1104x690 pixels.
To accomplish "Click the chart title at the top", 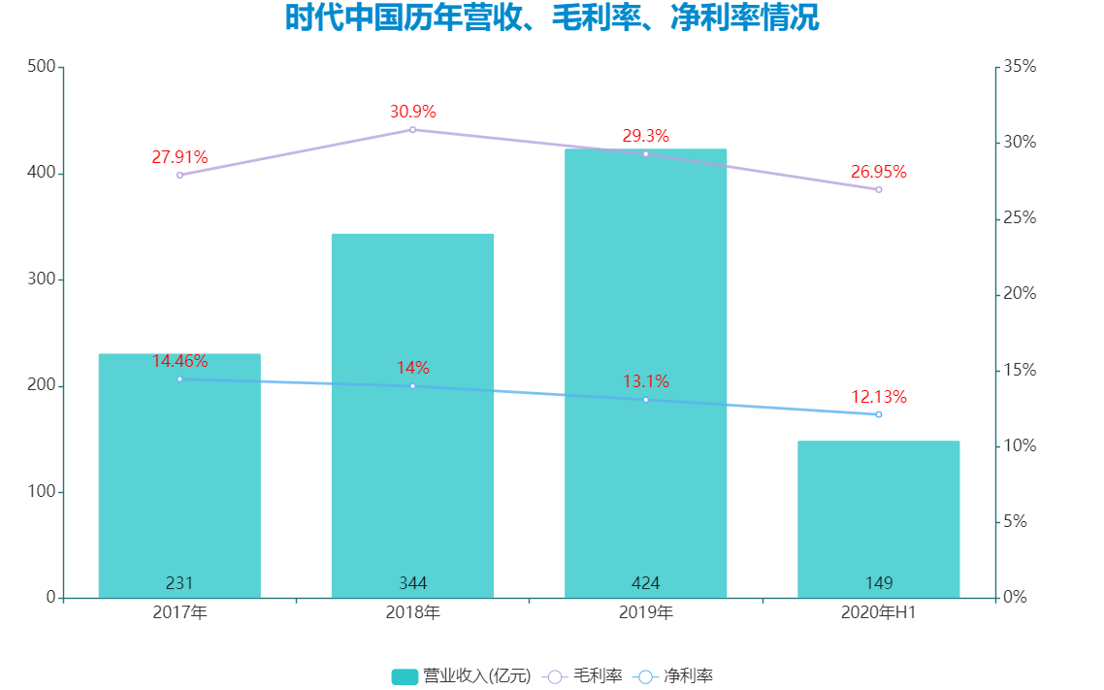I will pos(551,18).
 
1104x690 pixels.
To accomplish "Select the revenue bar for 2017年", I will pos(179,476).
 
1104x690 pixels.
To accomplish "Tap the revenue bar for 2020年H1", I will pos(878,519).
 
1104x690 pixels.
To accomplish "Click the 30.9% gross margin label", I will pos(412,112).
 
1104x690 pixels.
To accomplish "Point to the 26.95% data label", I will pos(878,172).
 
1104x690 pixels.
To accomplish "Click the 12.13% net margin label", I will pos(878,397).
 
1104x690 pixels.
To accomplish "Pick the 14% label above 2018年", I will pos(412,368).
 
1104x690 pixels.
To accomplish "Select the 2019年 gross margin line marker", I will pos(645,153).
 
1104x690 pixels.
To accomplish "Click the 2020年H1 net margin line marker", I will pos(878,414).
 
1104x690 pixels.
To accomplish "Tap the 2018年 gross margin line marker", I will pos(412,129).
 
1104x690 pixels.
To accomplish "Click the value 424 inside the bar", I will pos(645,583).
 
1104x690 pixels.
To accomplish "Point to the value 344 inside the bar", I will pos(412,583).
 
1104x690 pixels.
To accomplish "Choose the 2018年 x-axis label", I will pos(412,613).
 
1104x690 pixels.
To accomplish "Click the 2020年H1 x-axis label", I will pos(878,613).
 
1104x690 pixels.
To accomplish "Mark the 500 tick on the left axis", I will pos(41,67).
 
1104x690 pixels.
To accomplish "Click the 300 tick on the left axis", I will pos(41,279).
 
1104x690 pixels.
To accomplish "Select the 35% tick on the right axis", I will pos(1020,67).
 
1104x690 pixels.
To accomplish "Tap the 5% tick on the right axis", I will pos(1016,522).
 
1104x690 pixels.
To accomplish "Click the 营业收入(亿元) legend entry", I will pos(462,676).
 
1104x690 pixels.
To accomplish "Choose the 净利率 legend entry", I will pos(674,676).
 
